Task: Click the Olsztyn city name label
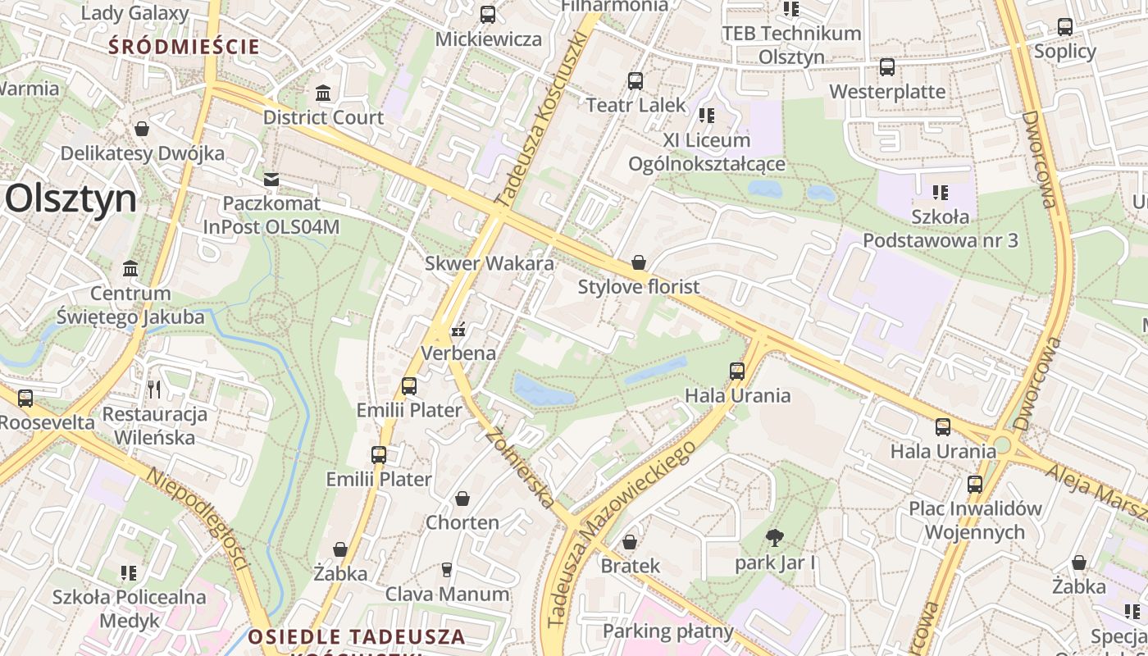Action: point(71,199)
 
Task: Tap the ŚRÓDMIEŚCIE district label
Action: point(184,47)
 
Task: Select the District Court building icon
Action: point(323,93)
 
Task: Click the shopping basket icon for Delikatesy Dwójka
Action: point(142,129)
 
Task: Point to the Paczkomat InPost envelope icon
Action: point(271,179)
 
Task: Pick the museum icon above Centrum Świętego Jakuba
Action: point(130,269)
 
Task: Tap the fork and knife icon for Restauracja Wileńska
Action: point(153,389)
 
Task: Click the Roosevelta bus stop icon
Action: point(25,399)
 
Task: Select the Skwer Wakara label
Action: point(490,263)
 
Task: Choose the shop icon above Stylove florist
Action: point(639,262)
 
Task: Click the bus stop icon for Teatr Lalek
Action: point(635,80)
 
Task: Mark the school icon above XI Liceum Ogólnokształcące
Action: point(707,116)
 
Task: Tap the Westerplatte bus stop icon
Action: point(887,67)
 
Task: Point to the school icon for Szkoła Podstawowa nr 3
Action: point(941,193)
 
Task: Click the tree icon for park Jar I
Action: point(774,538)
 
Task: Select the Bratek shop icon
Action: point(630,542)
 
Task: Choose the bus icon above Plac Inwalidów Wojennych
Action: point(974,484)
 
